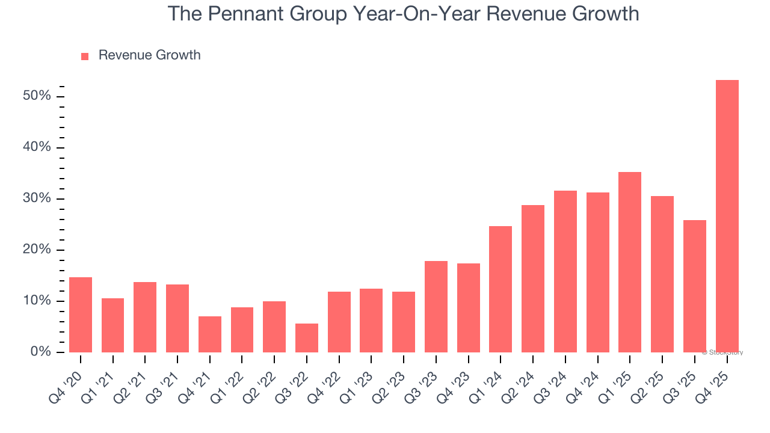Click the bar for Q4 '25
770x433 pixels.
727,216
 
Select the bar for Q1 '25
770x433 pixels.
630,262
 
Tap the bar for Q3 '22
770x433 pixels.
307,338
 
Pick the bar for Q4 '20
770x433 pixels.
81,315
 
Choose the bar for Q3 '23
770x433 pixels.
436,307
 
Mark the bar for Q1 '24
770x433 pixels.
500,289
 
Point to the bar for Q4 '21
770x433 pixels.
210,334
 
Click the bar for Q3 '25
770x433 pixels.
695,286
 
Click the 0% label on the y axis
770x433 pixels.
42,352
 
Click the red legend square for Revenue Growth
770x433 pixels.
85,56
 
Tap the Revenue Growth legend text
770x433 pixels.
149,55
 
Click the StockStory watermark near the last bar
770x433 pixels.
723,352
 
